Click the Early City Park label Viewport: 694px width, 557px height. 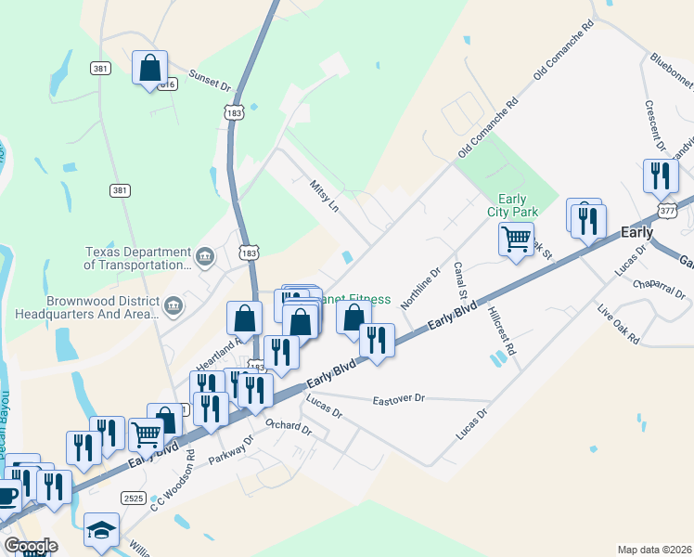(x=512, y=205)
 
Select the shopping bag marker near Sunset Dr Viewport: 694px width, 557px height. (x=149, y=67)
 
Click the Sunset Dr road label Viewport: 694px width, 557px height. (x=209, y=80)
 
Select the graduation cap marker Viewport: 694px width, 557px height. (x=101, y=530)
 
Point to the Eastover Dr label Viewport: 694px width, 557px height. (x=397, y=399)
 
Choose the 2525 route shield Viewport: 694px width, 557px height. (x=134, y=499)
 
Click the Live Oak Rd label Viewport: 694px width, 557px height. (x=618, y=324)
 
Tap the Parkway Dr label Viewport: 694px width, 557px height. (x=231, y=451)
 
